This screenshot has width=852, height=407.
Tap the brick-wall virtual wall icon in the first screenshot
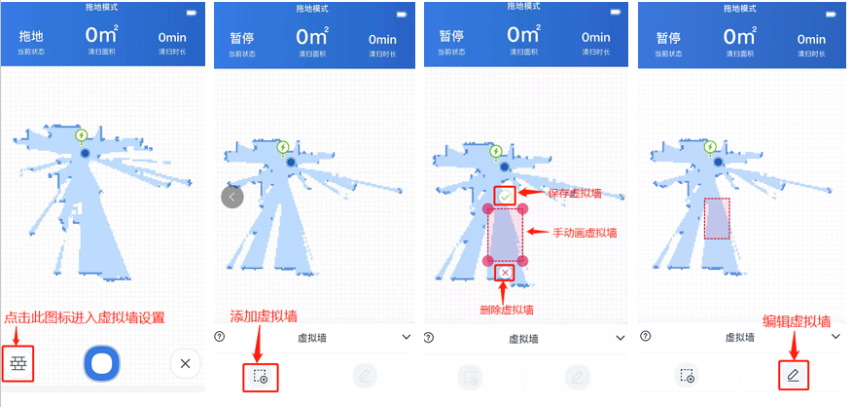(18, 363)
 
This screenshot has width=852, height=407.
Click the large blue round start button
(101, 362)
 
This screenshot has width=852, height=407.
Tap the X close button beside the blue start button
(185, 363)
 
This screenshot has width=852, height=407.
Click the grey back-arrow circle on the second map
(232, 197)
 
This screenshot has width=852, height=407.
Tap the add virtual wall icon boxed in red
(260, 376)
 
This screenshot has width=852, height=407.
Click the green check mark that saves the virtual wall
(506, 196)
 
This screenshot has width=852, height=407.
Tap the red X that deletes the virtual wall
(506, 272)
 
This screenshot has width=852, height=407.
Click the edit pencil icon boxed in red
(793, 375)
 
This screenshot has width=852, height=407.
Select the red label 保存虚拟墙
(575, 193)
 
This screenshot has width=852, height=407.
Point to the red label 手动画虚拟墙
(585, 233)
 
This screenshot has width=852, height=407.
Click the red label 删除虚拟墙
(507, 310)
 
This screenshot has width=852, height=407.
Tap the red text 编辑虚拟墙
(797, 321)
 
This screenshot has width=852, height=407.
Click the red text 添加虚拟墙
(264, 316)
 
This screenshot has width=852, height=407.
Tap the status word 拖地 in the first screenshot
(31, 36)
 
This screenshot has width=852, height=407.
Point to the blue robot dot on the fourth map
(719, 162)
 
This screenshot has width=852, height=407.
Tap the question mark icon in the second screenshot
(220, 337)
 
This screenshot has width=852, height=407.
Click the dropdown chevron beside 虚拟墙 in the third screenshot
(621, 338)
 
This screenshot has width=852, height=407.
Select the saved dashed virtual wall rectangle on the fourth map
(717, 218)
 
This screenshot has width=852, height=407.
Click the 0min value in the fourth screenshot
(811, 39)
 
